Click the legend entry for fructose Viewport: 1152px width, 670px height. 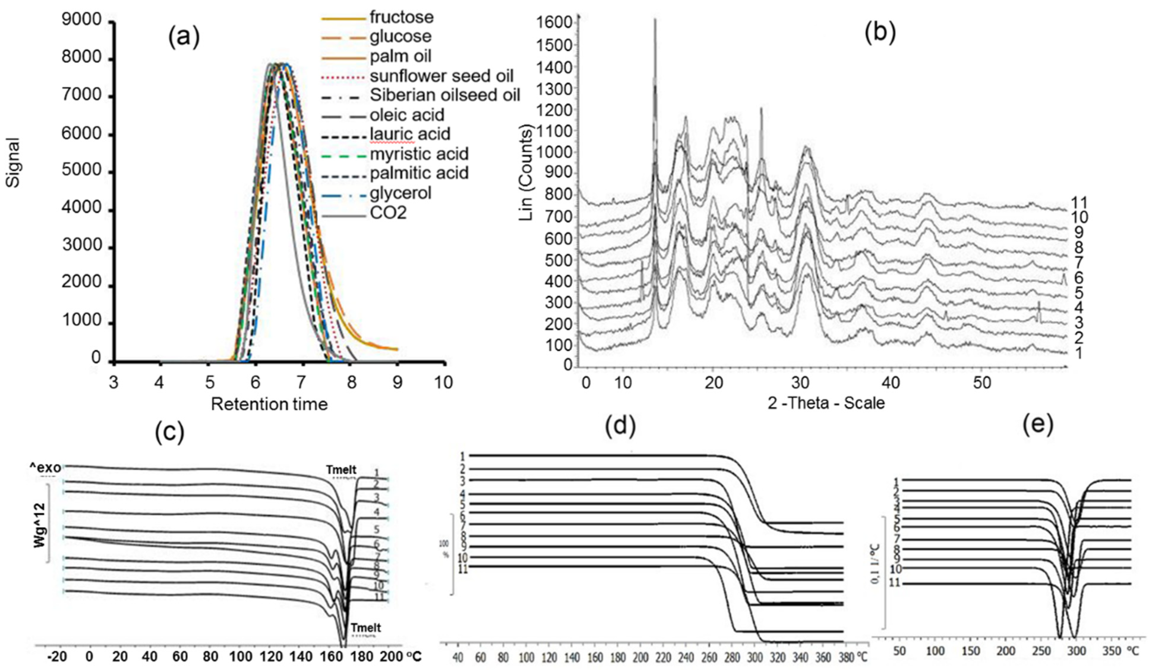[x=401, y=17]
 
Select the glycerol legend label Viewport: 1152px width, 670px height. [x=401, y=193]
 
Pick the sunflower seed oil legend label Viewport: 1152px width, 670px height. [x=442, y=76]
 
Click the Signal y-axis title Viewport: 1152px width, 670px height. [x=14, y=162]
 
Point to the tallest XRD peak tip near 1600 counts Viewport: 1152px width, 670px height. [x=655, y=20]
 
